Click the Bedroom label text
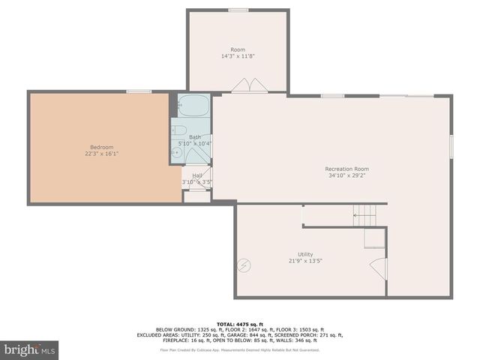(102, 147)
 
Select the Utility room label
(305, 254)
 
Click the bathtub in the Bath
(195, 106)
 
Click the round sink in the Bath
(177, 152)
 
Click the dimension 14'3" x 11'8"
(238, 56)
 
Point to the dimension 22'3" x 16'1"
(102, 154)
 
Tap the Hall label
(197, 175)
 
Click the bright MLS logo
(30, 349)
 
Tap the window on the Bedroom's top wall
(139, 91)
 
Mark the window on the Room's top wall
(238, 10)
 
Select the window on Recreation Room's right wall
(451, 146)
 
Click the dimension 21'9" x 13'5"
(305, 261)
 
